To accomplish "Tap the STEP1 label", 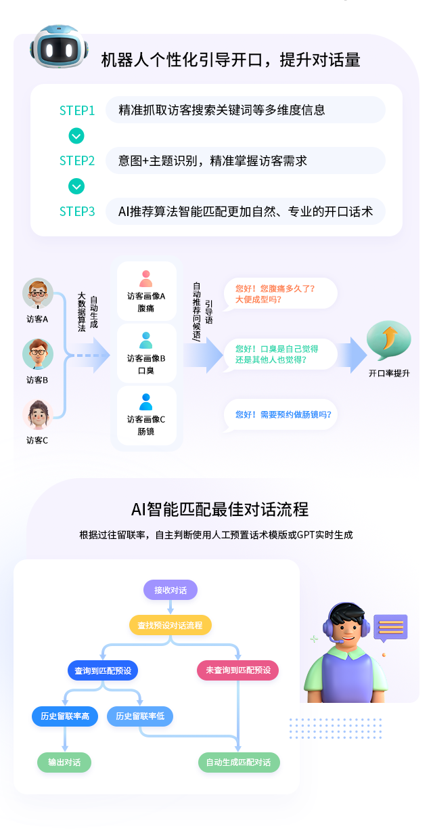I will tap(77, 110).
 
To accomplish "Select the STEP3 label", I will tap(77, 211).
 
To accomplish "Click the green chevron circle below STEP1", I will tap(76, 136).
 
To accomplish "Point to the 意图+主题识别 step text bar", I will tap(245, 161).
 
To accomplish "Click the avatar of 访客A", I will tap(37, 294).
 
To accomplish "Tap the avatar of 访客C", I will tap(37, 414).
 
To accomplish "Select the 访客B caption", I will tap(37, 380).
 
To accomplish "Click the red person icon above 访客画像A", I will tap(146, 278).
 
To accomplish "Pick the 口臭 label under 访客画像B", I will tap(146, 371).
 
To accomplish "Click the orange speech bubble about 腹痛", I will tap(280, 293).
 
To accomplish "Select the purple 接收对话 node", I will tap(170, 590).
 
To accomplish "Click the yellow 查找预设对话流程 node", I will tap(170, 625).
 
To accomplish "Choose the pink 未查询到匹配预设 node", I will tap(238, 670).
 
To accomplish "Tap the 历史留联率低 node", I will tap(140, 716).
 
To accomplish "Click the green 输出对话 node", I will tap(64, 762).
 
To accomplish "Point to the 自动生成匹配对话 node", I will tap(239, 762).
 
